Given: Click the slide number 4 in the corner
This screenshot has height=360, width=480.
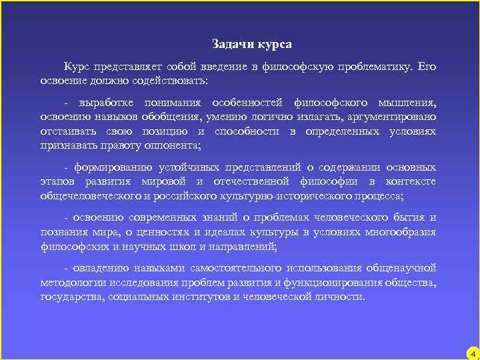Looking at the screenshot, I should [x=472, y=353].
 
